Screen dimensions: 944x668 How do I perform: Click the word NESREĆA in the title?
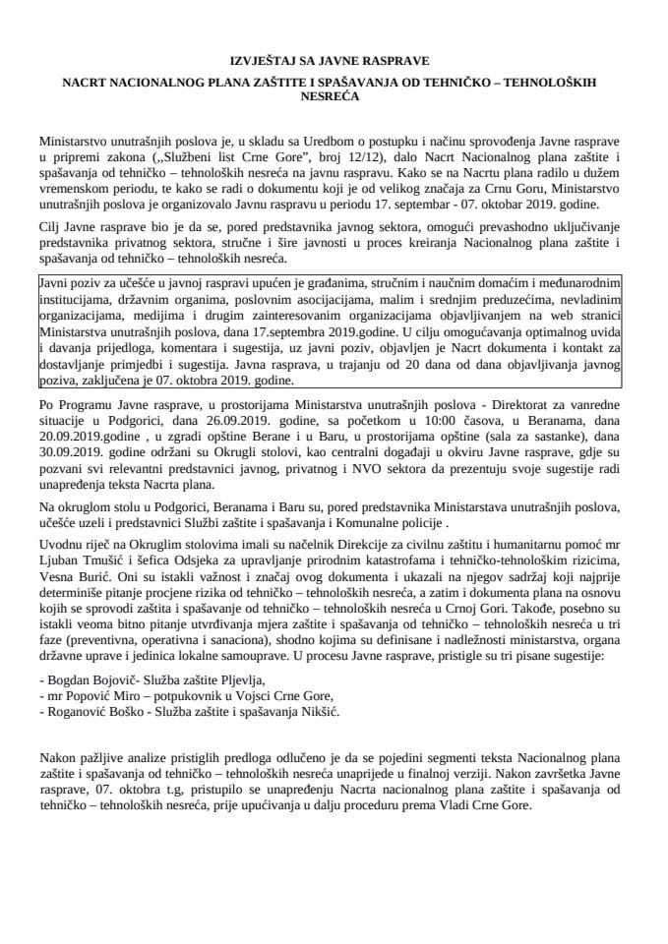click(334, 96)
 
